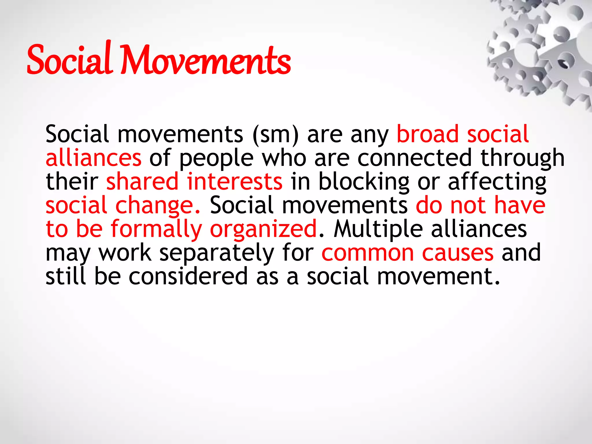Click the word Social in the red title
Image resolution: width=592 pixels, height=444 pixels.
click(69, 59)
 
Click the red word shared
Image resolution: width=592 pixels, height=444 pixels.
click(143, 182)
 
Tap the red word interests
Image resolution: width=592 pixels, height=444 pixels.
click(234, 182)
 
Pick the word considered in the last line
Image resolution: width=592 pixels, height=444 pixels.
click(188, 276)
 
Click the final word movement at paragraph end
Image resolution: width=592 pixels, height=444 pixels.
click(438, 276)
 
